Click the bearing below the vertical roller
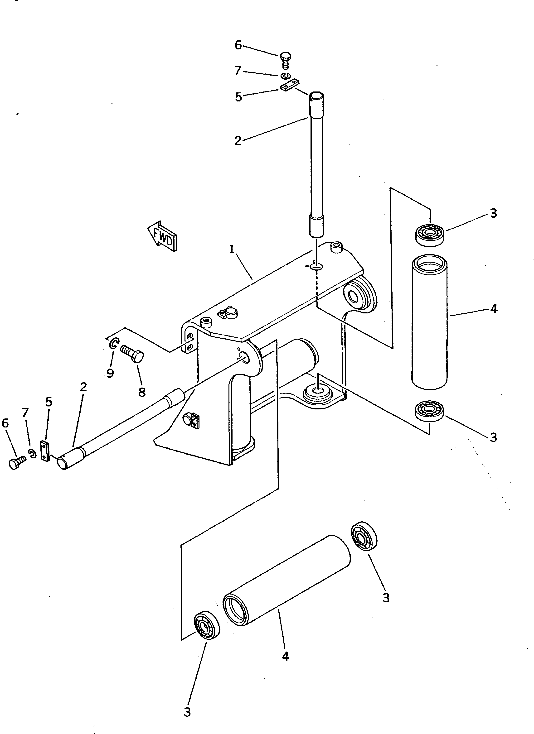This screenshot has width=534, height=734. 430,411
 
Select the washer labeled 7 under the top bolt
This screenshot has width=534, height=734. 285,76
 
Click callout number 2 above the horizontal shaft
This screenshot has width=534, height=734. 83,387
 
